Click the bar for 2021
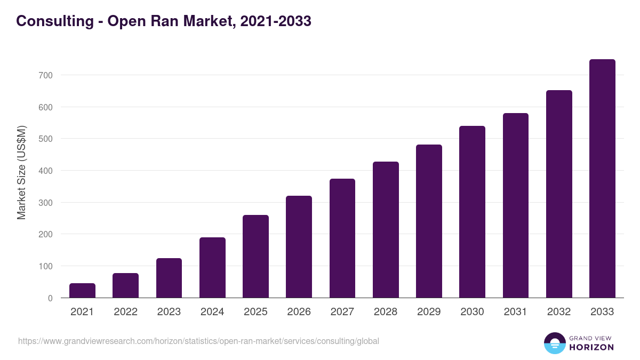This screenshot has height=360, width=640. point(82,291)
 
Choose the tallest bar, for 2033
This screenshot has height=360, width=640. point(602,179)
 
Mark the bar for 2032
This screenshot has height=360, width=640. point(559,194)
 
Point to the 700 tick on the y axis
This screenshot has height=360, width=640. point(45,76)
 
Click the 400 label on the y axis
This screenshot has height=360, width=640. point(45,171)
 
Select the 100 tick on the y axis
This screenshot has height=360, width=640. point(45,266)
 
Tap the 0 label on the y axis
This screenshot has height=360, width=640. point(50,298)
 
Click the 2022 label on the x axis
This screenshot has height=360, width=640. point(125,312)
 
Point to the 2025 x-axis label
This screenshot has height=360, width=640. point(255,312)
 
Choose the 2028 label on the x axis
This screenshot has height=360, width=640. point(386,312)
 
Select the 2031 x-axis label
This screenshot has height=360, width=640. point(515,312)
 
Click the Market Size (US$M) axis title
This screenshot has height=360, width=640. point(22,172)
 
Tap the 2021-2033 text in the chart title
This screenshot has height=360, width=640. point(276,21)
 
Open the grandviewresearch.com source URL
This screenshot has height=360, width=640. point(198,341)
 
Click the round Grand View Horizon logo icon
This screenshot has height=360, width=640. point(554,343)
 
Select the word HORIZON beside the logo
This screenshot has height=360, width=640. point(591,347)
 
